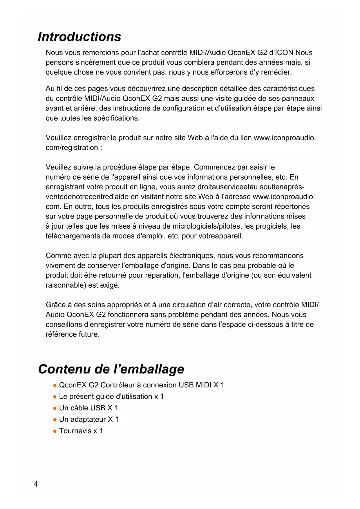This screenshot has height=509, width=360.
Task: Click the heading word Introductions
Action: [x=79, y=37]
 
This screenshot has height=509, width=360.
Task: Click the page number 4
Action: [x=36, y=484]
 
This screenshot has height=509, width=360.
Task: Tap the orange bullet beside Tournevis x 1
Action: [x=55, y=431]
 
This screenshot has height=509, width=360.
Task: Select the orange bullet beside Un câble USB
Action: [x=55, y=408]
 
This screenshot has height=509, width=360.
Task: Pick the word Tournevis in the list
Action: [x=75, y=431]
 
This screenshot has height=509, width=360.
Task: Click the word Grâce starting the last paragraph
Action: [x=56, y=305]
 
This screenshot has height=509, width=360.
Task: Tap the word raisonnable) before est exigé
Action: [x=66, y=285]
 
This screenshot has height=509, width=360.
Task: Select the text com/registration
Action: [x=72, y=148]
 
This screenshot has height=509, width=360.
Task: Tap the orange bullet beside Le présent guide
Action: [x=55, y=397]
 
